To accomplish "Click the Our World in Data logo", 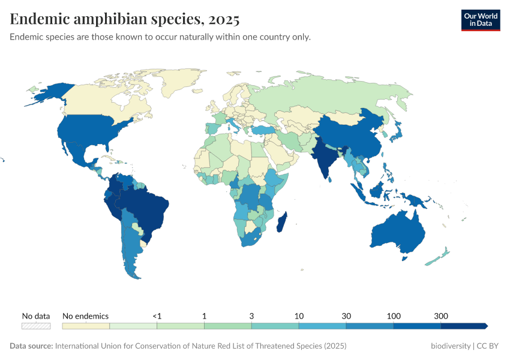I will [x=480, y=19].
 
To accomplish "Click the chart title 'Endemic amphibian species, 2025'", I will [x=125, y=19].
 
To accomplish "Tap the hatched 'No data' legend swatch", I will [x=36, y=326].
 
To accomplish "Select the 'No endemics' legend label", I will [x=85, y=316].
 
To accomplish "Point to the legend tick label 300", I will [x=441, y=316].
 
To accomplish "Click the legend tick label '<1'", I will [x=157, y=316].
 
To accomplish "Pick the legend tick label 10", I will [x=299, y=316].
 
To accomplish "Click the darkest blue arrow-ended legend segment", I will [x=464, y=326].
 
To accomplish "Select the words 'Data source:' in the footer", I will [x=31, y=346].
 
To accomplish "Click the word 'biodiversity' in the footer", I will [x=451, y=346].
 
